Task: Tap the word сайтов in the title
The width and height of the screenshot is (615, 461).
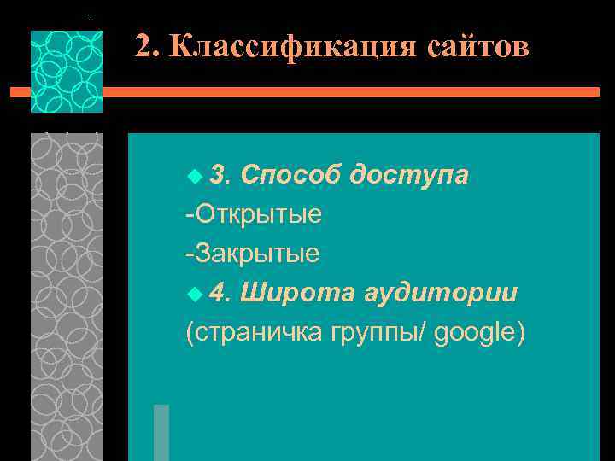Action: pos(475,47)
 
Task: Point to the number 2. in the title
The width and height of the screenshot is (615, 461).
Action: pos(147,48)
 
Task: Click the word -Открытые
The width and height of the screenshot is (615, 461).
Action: pos(254,213)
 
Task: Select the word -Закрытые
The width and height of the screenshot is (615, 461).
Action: pos(253,253)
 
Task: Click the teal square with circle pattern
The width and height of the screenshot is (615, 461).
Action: pos(66,72)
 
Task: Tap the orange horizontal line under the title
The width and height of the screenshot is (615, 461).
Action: pos(342,91)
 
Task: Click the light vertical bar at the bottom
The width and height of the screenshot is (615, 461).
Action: pos(161,432)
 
